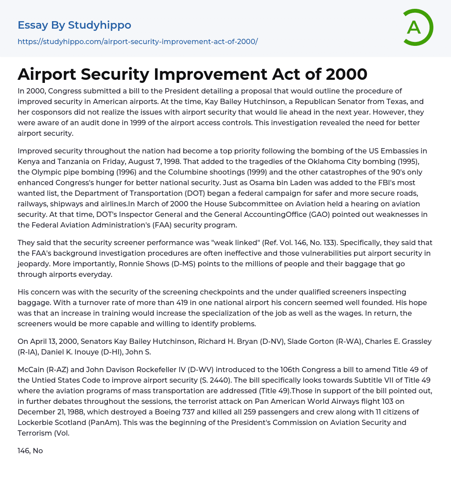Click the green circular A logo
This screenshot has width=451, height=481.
417,27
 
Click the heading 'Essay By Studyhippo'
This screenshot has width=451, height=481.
74,25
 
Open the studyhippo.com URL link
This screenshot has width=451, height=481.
137,41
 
